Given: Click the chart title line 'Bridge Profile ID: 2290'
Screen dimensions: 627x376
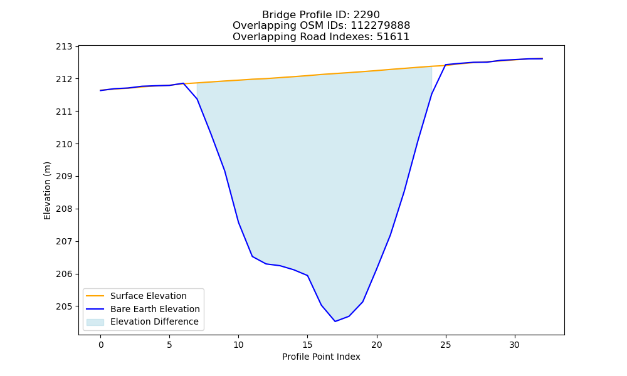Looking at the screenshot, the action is click(321, 15).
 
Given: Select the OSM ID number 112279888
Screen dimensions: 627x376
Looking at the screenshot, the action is click(381, 26).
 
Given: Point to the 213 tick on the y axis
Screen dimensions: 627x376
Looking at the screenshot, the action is click(65, 47).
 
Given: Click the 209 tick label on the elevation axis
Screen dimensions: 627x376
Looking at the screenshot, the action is click(65, 177).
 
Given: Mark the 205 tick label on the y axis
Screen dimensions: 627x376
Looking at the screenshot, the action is click(65, 306).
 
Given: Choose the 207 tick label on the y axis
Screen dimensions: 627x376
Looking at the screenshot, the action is click(65, 242).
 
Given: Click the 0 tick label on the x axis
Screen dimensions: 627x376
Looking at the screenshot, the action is click(101, 345).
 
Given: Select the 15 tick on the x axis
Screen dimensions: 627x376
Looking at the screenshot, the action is click(307, 345).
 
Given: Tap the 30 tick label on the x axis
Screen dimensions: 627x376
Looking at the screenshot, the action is click(515, 345).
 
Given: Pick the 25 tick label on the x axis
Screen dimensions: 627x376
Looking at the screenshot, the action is click(445, 345).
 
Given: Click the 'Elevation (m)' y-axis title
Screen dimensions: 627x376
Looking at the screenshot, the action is click(47, 191).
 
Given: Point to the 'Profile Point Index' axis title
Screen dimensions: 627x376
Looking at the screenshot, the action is click(321, 357).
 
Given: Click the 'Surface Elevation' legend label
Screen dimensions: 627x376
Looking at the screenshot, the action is click(149, 296).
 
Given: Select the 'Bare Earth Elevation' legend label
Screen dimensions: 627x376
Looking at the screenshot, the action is click(155, 309).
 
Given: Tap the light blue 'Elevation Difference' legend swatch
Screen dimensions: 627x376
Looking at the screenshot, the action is click(95, 322).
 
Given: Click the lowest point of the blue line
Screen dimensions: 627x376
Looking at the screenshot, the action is click(335, 321).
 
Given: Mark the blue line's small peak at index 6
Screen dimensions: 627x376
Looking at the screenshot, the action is click(183, 83).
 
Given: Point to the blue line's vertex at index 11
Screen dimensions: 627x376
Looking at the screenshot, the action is click(252, 256).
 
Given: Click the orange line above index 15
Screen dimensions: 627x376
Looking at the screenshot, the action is click(307, 76).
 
